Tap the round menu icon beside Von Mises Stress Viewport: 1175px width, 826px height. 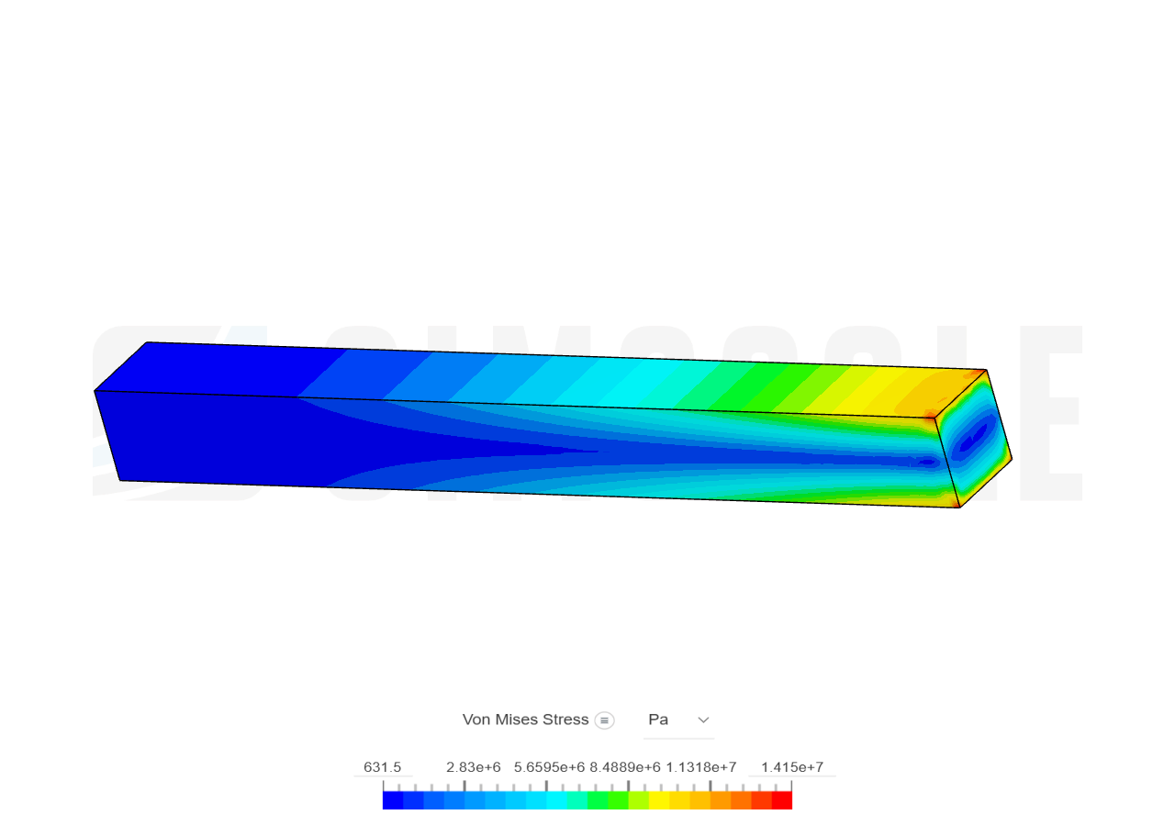click(604, 720)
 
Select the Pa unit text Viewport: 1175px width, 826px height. click(658, 720)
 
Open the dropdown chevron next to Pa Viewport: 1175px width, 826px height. click(704, 720)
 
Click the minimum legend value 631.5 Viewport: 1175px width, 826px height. click(383, 767)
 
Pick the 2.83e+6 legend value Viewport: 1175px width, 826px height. click(474, 767)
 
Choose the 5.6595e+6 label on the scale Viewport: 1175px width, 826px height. click(549, 767)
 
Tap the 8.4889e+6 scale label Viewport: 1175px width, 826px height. click(625, 767)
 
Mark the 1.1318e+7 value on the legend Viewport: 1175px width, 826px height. click(701, 767)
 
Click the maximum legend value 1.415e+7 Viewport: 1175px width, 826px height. click(791, 767)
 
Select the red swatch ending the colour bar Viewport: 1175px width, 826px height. click(782, 800)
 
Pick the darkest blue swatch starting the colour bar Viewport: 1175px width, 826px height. click(392, 800)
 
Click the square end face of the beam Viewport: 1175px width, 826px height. click(973, 439)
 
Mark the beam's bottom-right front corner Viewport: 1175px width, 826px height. click(959, 507)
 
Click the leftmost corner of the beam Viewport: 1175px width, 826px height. click(95, 391)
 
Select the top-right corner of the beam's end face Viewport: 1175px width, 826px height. click(986, 371)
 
